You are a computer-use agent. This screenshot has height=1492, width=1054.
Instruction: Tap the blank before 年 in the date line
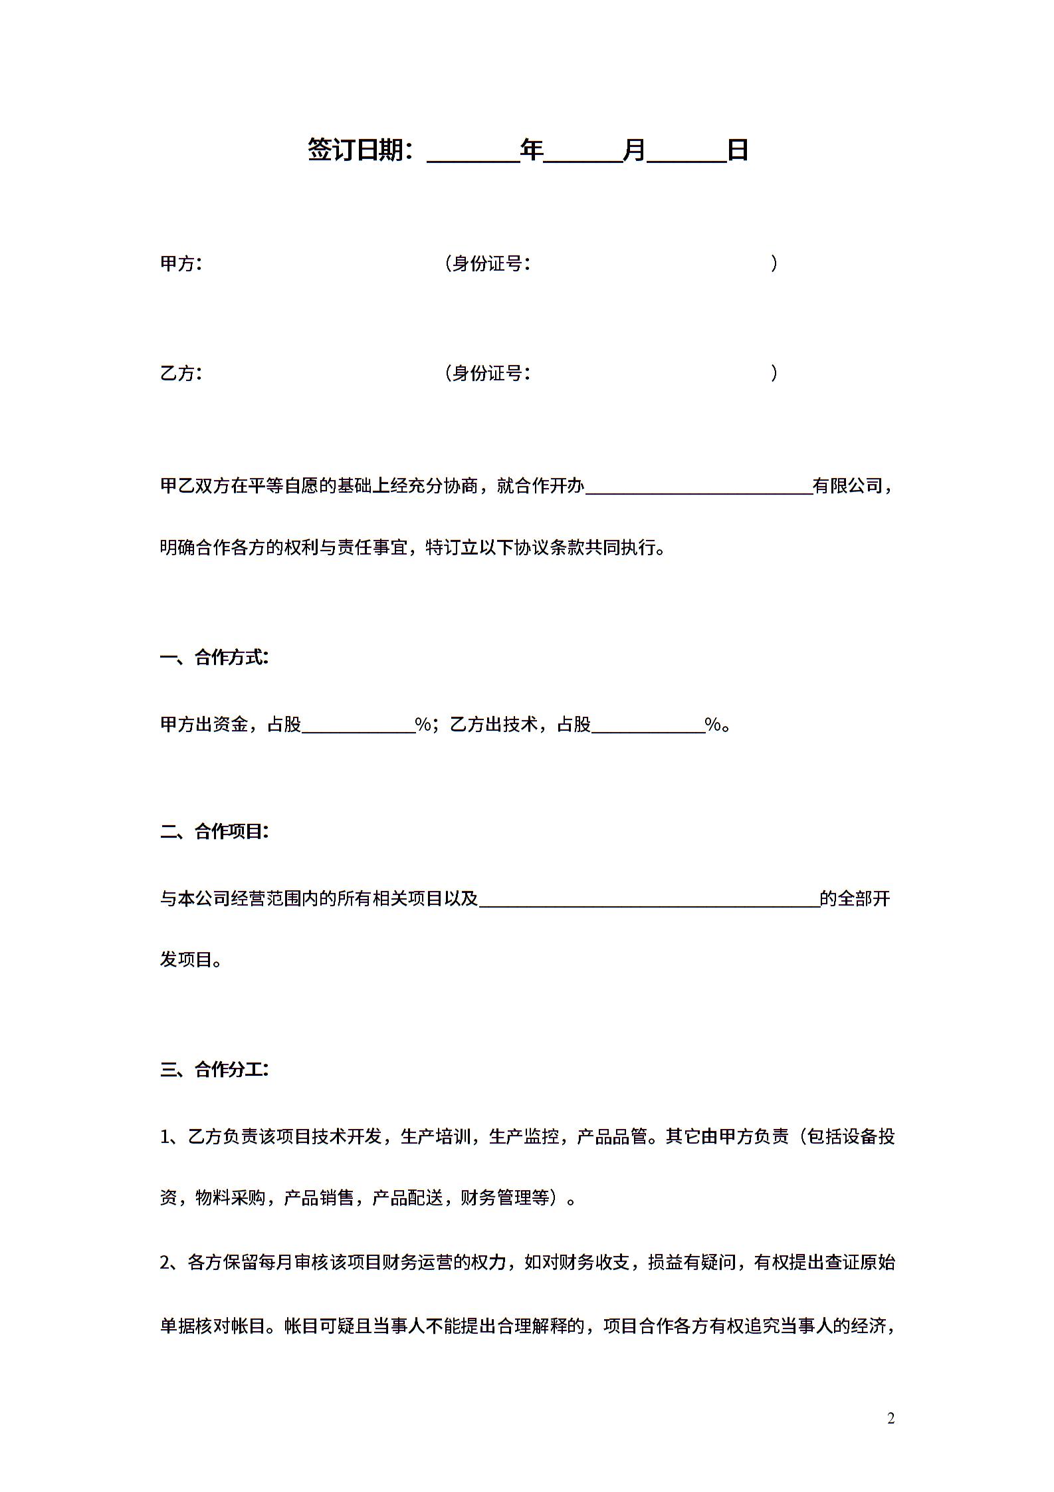[473, 153]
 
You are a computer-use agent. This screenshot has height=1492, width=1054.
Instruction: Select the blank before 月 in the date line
[583, 153]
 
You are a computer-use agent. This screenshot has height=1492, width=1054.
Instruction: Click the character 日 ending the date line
[738, 150]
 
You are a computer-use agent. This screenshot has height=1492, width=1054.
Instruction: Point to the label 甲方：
[181, 264]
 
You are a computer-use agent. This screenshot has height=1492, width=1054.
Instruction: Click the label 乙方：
[181, 373]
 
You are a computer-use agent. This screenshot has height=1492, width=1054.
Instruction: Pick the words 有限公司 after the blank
[847, 486]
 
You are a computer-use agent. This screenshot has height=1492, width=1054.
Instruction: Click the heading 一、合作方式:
[215, 658]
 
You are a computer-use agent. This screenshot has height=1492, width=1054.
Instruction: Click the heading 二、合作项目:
[215, 832]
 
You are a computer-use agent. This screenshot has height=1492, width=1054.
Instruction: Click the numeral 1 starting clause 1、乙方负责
[165, 1137]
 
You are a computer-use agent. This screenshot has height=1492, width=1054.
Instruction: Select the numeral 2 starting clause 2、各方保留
[165, 1262]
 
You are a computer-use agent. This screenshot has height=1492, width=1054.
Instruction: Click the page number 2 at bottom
[891, 1419]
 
